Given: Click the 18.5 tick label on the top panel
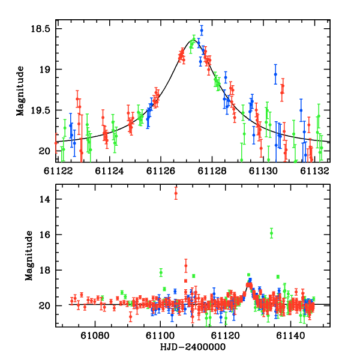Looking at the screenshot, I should pyautogui.click(x=40, y=29).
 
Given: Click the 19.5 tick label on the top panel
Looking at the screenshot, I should pyautogui.click(x=40, y=110).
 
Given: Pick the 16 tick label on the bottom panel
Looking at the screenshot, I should pyautogui.click(x=44, y=235).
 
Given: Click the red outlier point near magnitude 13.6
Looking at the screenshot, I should pyautogui.click(x=176, y=192).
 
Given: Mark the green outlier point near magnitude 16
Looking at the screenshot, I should pyautogui.click(x=271, y=233).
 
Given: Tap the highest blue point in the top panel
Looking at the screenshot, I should pyautogui.click(x=202, y=29).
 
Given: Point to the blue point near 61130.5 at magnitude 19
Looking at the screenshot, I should pyautogui.click(x=275, y=74).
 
